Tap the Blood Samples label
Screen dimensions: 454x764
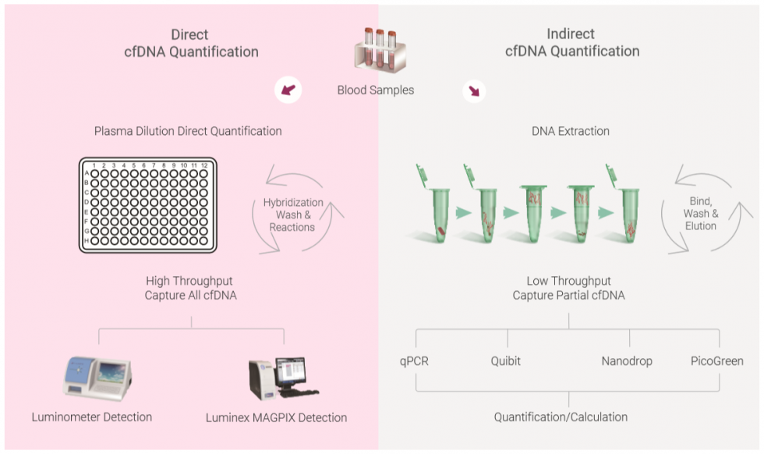375,90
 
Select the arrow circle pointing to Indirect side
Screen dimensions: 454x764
472,90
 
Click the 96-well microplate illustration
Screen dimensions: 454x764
147,205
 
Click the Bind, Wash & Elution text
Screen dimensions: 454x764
700,213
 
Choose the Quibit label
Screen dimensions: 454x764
507,361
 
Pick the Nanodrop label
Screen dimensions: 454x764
627,361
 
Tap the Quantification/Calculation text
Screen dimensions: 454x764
561,417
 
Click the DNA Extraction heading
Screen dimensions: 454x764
570,131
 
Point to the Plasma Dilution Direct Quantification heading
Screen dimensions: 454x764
188,131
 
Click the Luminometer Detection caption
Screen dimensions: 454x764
92,417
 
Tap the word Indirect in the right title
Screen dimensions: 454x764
571,34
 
